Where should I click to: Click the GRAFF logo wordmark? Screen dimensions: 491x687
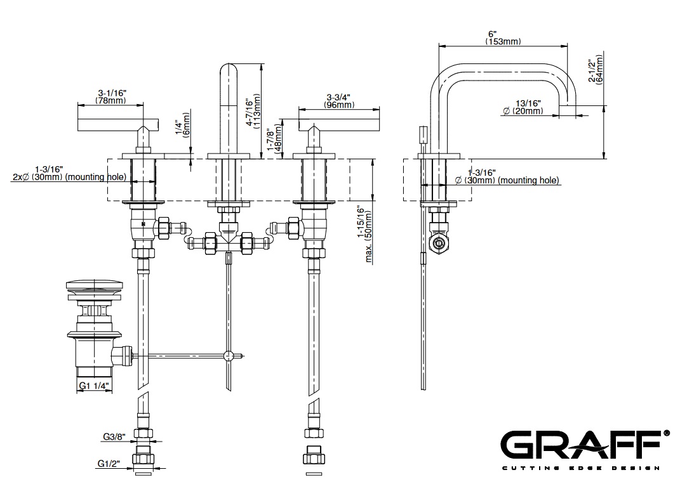pos(582,445)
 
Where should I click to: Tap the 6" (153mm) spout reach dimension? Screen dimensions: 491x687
pos(503,38)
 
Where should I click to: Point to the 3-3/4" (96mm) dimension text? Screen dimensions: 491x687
pos(339,101)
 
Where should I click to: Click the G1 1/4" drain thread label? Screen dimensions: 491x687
pos(94,386)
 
